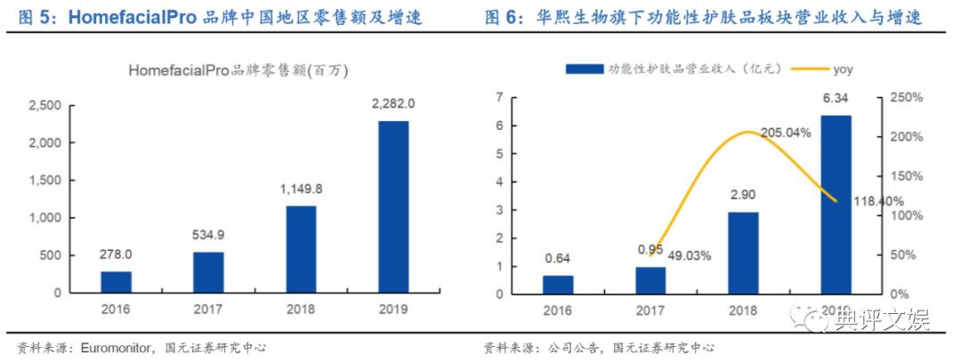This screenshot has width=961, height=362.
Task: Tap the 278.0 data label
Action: pyautogui.click(x=116, y=256)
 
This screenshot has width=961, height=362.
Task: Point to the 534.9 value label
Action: pyautogui.click(x=208, y=237)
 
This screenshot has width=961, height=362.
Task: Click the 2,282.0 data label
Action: pyautogui.click(x=392, y=106)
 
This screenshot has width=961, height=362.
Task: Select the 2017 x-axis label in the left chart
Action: pyautogui.click(x=208, y=310)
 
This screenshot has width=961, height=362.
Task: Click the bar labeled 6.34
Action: pyautogui.click(x=835, y=205)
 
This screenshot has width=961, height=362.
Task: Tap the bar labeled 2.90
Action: pyautogui.click(x=742, y=253)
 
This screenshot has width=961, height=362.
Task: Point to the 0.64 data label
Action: pyautogui.click(x=558, y=260)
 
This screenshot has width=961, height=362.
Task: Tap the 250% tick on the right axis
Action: pyautogui.click(x=902, y=98)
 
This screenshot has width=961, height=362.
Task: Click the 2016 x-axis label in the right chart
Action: pyautogui.click(x=558, y=310)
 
